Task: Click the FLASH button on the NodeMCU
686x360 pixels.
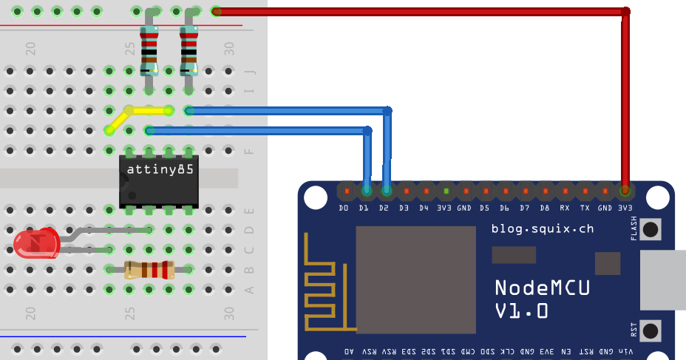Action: [651, 229]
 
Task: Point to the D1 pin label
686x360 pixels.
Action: [364, 208]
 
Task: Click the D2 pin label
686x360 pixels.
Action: [384, 208]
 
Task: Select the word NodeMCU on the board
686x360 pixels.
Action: [542, 288]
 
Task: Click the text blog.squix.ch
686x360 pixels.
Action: [542, 229]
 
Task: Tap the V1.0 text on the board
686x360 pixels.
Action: [521, 311]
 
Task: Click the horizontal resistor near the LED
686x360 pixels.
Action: [149, 270]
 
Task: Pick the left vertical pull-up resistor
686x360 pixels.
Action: [149, 50]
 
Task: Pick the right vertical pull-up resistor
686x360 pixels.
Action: [189, 50]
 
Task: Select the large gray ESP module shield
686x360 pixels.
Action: [415, 279]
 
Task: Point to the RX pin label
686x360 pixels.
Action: [565, 208]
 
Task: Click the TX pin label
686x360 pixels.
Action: [585, 208]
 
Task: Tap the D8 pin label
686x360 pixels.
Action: [545, 208]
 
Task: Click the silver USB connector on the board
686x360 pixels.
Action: [663, 279]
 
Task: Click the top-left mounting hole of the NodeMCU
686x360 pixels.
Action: [315, 197]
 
